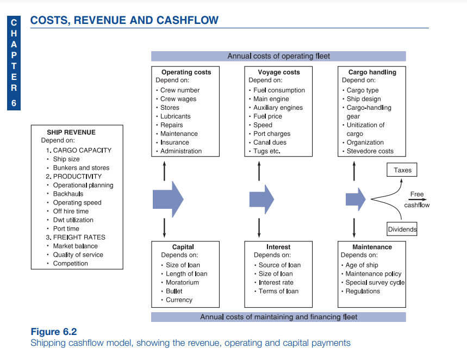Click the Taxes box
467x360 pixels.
point(402,170)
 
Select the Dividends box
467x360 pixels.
point(402,229)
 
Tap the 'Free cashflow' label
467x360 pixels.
point(417,200)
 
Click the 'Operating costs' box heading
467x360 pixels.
point(186,72)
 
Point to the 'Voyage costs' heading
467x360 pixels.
point(278,72)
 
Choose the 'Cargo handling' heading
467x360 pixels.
point(372,72)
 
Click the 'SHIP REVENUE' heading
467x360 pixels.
point(71,132)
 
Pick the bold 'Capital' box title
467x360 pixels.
point(183,247)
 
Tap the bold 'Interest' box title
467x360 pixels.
point(278,247)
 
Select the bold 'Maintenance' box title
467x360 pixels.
point(372,247)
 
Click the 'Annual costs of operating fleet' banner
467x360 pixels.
point(278,56)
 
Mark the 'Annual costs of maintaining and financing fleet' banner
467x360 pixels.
point(278,317)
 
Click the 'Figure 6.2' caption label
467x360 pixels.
point(54,332)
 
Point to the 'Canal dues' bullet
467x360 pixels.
point(270,142)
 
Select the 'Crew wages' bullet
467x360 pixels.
point(178,99)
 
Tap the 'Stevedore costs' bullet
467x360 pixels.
point(370,151)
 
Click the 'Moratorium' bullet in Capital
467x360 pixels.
point(182,282)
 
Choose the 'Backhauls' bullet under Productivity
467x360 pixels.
point(68,194)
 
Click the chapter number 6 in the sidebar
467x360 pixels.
point(14,104)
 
